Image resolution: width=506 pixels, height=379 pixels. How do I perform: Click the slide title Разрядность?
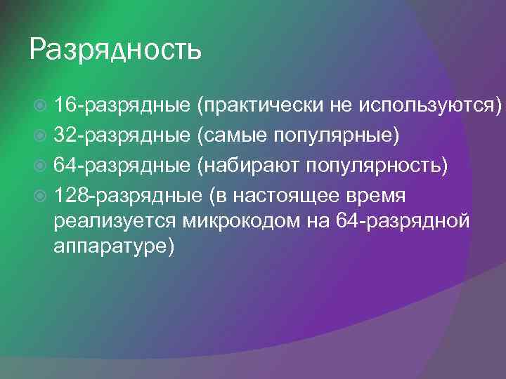point(116,51)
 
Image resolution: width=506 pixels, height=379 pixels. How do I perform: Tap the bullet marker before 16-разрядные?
point(40,106)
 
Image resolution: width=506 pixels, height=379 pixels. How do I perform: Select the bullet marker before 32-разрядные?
point(40,135)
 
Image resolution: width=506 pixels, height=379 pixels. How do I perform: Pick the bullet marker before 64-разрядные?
point(40,164)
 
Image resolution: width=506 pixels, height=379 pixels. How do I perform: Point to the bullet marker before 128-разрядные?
point(40,193)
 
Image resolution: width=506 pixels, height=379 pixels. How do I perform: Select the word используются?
point(430,106)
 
